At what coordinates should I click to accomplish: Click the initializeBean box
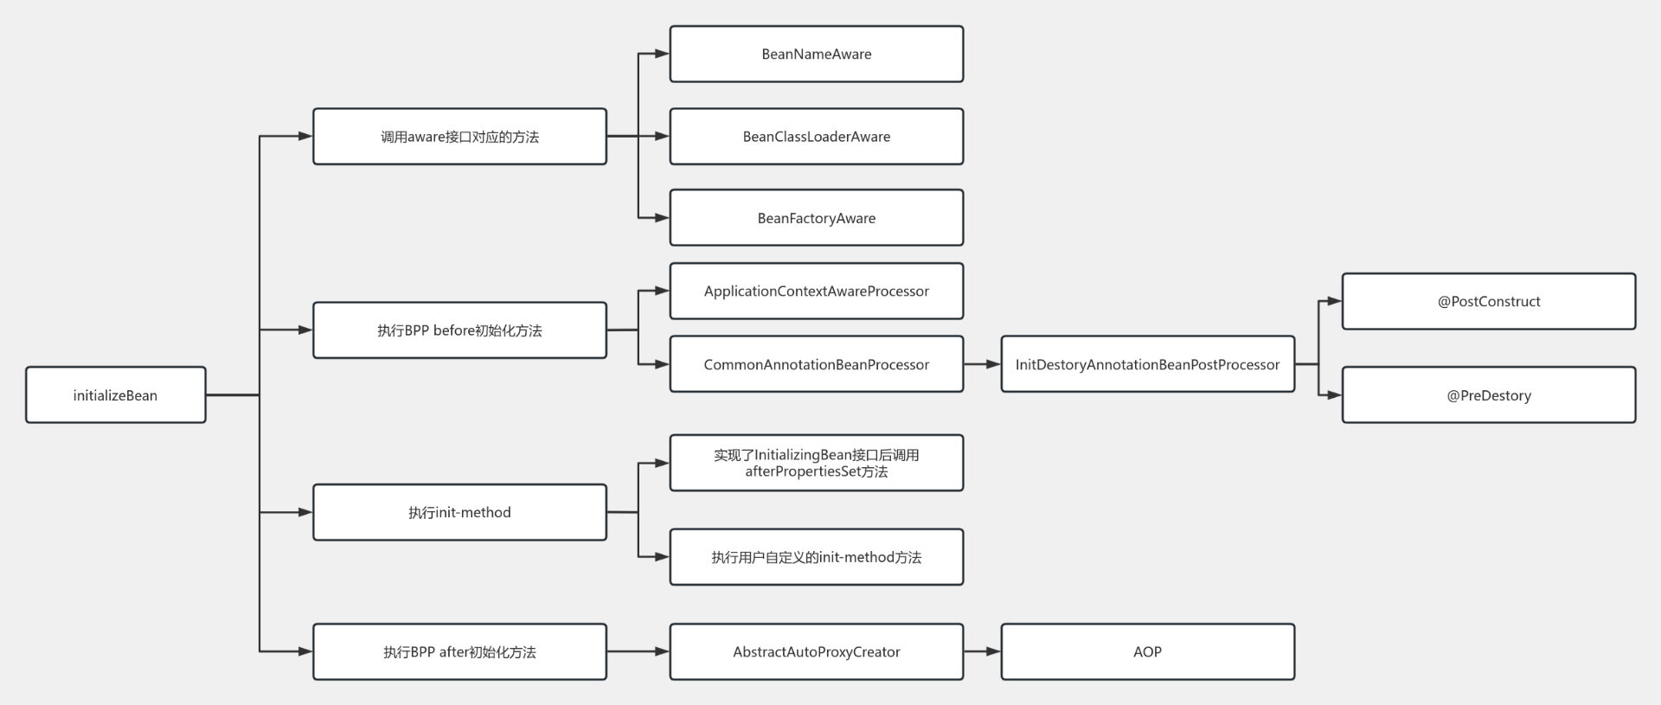click(115, 395)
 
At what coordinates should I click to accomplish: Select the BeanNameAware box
click(816, 54)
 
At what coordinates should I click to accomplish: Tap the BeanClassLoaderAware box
click(816, 137)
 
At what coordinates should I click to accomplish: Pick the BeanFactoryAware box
click(816, 218)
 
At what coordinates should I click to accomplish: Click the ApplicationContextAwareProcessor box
click(816, 292)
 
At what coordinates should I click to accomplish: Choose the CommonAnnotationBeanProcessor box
click(816, 364)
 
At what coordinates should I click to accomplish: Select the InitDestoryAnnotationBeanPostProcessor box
click(1147, 364)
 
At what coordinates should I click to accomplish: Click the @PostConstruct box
click(1488, 301)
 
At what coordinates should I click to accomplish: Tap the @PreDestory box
click(1488, 395)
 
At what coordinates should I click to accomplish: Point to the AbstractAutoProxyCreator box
click(816, 651)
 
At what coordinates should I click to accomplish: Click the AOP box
click(1147, 651)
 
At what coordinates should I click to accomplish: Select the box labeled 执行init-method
click(459, 512)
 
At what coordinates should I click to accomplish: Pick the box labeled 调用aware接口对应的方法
click(459, 137)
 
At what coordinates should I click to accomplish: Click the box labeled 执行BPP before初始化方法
click(459, 330)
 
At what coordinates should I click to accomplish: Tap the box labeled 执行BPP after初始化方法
click(459, 651)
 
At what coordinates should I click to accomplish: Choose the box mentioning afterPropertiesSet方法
click(816, 463)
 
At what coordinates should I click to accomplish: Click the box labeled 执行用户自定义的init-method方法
click(816, 557)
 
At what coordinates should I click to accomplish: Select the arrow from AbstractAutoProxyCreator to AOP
click(982, 651)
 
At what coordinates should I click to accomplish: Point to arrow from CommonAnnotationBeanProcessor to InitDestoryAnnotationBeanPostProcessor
click(982, 364)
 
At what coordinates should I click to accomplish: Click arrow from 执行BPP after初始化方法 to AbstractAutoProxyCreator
click(638, 651)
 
